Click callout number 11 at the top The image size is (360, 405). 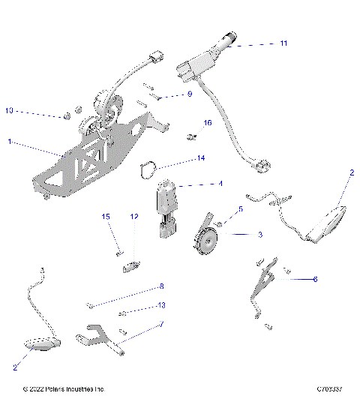(x=283, y=43)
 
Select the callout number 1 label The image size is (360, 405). (x=9, y=141)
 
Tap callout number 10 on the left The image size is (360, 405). (x=9, y=111)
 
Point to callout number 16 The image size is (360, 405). (x=208, y=122)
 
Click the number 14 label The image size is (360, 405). (x=200, y=158)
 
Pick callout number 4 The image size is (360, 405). (x=220, y=184)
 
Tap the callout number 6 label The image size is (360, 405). (x=315, y=279)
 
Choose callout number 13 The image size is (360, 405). (x=160, y=306)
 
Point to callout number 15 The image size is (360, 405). (x=106, y=217)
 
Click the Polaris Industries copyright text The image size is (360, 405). (x=64, y=389)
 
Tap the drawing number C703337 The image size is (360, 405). (x=330, y=389)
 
